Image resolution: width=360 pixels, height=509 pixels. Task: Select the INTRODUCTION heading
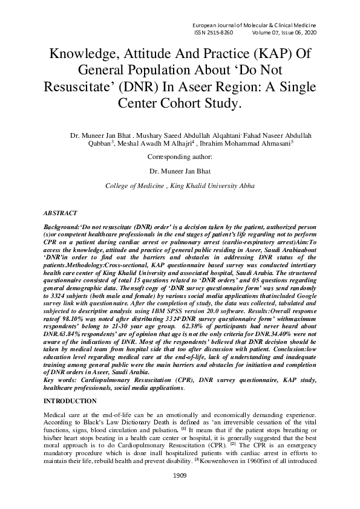pos(70,401)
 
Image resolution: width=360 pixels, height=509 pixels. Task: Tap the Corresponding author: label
pos(180,157)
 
